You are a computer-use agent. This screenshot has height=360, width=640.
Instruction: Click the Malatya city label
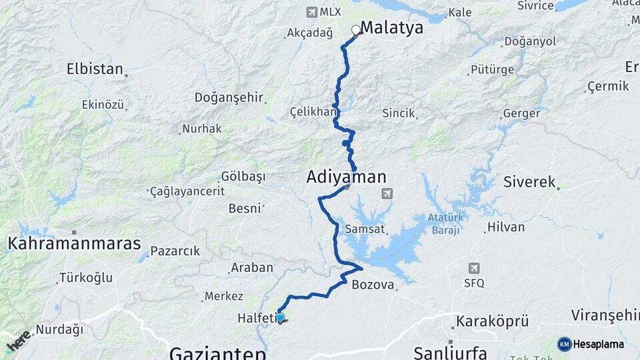tap(392, 28)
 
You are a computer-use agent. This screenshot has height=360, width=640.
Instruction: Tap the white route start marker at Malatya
tap(355, 30)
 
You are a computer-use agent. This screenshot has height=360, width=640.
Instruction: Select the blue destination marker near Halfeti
tap(281, 319)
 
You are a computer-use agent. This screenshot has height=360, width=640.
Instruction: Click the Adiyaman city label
tap(346, 177)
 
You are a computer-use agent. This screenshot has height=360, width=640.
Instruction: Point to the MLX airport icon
tap(311, 12)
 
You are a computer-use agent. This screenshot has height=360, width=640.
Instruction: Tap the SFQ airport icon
tap(473, 268)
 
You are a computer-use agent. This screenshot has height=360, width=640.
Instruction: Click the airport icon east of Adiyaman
tap(386, 193)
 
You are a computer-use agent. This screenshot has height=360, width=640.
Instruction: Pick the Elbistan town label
tap(95, 69)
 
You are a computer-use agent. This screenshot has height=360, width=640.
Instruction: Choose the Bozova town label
tap(373, 285)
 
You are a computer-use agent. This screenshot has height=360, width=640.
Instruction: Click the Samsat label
tap(365, 229)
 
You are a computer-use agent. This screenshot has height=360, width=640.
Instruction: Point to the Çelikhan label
tap(313, 111)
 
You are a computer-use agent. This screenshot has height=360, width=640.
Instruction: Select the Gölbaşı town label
tap(243, 177)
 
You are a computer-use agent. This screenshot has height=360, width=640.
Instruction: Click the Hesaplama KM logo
tap(591, 344)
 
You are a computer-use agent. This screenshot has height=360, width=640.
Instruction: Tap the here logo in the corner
tap(18, 341)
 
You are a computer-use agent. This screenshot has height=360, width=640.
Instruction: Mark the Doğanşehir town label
tap(229, 97)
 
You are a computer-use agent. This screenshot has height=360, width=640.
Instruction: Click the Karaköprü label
tap(492, 322)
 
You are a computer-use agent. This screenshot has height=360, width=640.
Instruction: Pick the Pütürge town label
tap(492, 69)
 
